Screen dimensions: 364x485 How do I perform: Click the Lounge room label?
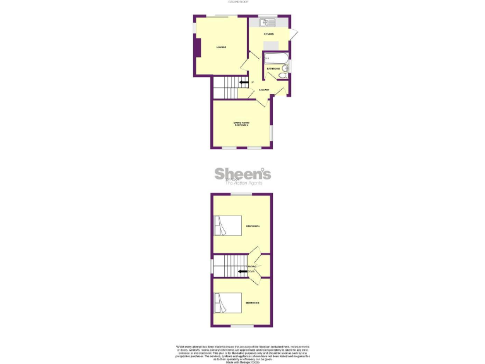(221, 47)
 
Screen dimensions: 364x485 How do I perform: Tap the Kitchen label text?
(268, 33)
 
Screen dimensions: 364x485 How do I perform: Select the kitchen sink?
(263, 23)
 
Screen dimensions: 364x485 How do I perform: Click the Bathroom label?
(273, 68)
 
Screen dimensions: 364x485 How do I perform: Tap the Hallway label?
(264, 90)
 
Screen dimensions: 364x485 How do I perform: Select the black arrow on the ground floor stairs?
(243, 82)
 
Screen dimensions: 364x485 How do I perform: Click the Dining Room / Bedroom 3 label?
(241, 124)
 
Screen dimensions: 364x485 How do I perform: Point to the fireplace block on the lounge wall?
(198, 47)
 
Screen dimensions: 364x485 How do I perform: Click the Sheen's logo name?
(242, 173)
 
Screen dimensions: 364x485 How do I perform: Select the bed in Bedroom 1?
(228, 226)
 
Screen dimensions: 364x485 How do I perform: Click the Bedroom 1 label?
(253, 226)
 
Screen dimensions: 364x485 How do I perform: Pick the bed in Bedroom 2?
(228, 303)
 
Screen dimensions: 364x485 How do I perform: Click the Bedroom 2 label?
(253, 304)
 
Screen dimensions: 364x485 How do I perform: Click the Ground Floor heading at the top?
(242, 3)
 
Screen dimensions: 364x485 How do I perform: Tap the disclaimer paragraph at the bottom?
(242, 351)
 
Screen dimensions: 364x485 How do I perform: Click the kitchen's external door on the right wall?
(294, 38)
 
